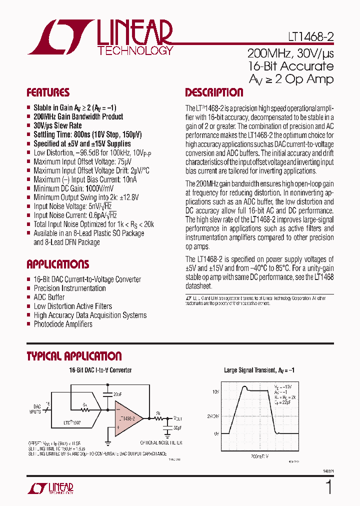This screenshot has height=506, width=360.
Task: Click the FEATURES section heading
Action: pos(48,92)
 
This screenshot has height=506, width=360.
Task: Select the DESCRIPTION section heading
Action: pos(214,92)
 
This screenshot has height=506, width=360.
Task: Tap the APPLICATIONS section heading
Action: pos(57,264)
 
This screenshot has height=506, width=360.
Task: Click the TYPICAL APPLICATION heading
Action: pos(74,356)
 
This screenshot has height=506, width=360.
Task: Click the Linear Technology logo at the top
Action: pos(100,37)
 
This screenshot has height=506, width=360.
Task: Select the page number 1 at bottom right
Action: pos(328,487)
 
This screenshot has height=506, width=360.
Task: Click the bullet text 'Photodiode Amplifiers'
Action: pos(63,324)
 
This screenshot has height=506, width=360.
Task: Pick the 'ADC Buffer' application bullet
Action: pos(49,297)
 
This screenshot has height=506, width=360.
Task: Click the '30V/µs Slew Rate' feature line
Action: pos(57,125)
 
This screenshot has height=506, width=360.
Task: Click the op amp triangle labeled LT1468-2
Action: pos(127,417)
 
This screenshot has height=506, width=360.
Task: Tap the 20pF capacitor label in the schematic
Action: pos(118,394)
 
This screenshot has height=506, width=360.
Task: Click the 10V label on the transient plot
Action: pos(215,392)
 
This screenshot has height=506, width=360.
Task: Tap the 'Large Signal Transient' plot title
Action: pos(259,370)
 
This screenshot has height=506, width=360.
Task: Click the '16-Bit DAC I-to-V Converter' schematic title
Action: pos(100,370)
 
